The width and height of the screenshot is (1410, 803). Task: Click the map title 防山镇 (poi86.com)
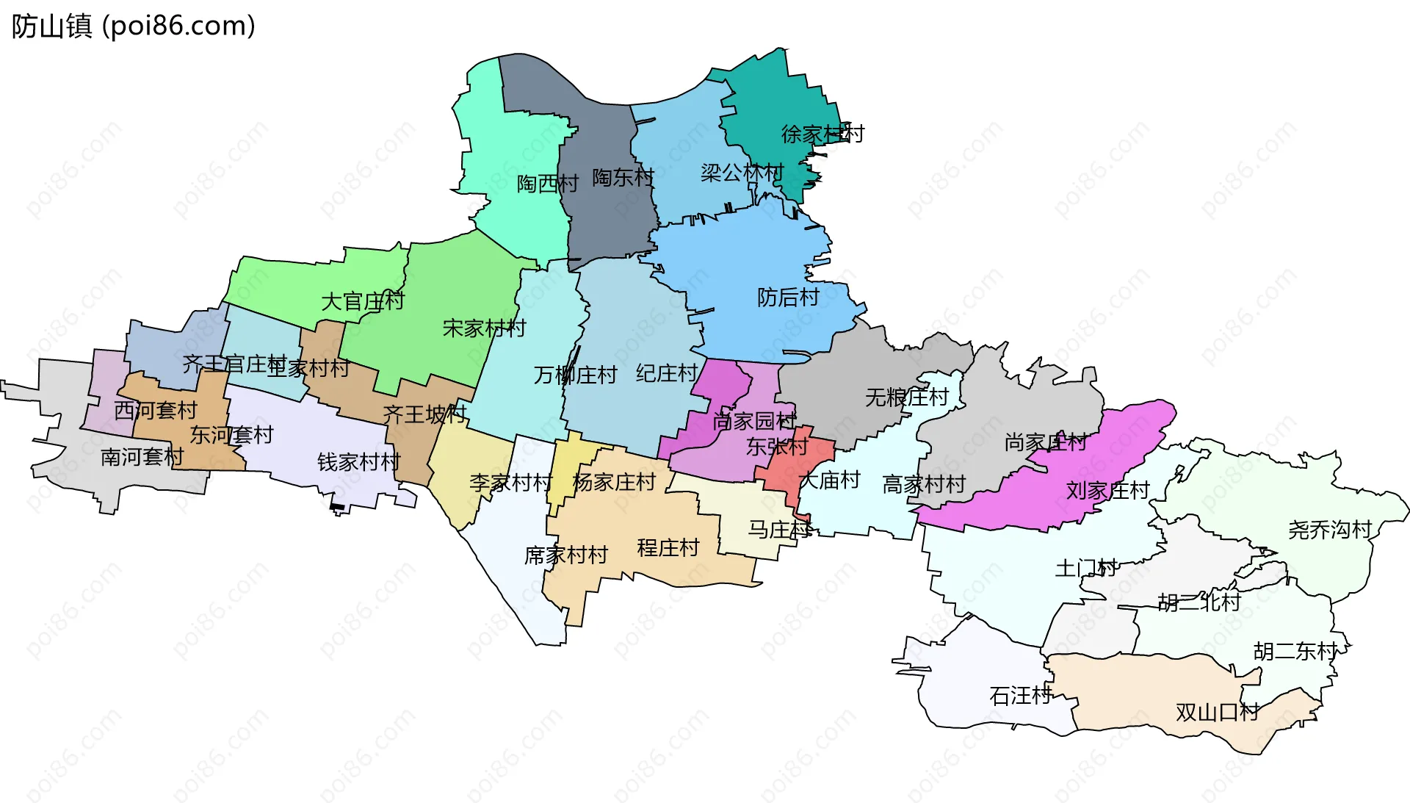click(x=133, y=26)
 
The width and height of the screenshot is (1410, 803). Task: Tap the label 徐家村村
click(x=822, y=134)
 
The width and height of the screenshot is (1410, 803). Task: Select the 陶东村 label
click(x=623, y=177)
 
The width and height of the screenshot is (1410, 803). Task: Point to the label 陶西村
click(x=547, y=183)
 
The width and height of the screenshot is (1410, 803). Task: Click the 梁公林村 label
click(x=742, y=173)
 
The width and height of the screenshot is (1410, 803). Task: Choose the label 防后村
click(x=788, y=297)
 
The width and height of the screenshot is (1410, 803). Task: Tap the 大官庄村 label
click(x=363, y=301)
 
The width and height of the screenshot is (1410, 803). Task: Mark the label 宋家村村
click(x=484, y=328)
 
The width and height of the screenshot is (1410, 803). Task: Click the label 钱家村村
click(x=358, y=461)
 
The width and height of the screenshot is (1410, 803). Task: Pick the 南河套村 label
click(x=142, y=456)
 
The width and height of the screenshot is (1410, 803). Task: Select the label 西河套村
click(x=155, y=409)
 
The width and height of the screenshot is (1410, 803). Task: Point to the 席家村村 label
click(x=565, y=555)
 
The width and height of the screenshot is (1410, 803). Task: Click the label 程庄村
click(x=668, y=547)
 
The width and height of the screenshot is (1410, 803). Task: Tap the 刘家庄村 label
click(x=1107, y=489)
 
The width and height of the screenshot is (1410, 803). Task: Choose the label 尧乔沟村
click(x=1329, y=529)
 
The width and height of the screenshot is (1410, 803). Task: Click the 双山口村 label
click(x=1217, y=711)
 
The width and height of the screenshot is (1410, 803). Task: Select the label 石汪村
click(x=1020, y=695)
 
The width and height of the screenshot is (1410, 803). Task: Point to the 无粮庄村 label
click(x=907, y=397)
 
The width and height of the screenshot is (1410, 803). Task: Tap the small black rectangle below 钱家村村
click(x=337, y=507)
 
